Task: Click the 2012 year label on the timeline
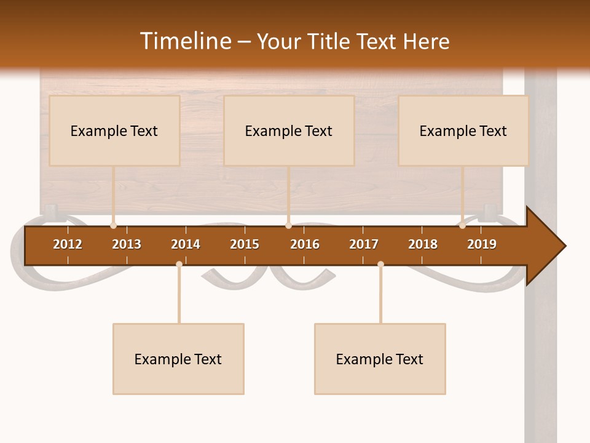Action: [x=68, y=244]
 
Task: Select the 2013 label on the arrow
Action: [x=127, y=244]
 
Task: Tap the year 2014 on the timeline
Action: [x=186, y=244]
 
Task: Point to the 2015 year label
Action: [x=245, y=244]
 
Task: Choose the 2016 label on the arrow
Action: [x=305, y=244]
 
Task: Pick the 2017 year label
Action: [x=364, y=244]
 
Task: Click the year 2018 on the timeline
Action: [x=423, y=244]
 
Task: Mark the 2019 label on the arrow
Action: [x=482, y=244]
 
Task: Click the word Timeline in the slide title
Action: [x=186, y=41]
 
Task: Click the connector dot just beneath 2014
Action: [x=179, y=264]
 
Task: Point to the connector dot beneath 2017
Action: [x=380, y=264]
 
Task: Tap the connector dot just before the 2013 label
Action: [x=113, y=225]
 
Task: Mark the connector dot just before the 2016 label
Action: [x=288, y=225]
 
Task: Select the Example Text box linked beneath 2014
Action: [x=178, y=359]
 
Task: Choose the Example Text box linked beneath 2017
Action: [x=380, y=359]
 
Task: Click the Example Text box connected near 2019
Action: [x=463, y=130]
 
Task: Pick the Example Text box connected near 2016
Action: [x=289, y=130]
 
